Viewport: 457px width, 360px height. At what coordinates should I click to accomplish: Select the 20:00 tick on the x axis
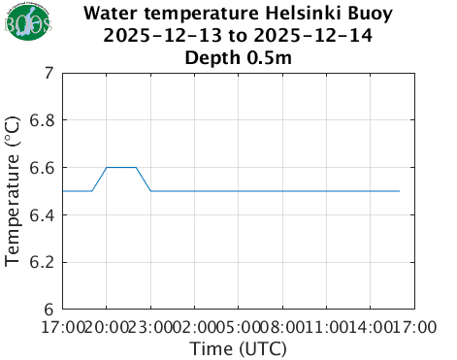coord(106,327)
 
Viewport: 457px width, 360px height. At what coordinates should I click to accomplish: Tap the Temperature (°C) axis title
coord(14,190)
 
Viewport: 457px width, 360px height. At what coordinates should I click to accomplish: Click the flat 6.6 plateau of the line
coord(121,167)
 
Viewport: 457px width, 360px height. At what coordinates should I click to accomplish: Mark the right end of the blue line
coord(399,191)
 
